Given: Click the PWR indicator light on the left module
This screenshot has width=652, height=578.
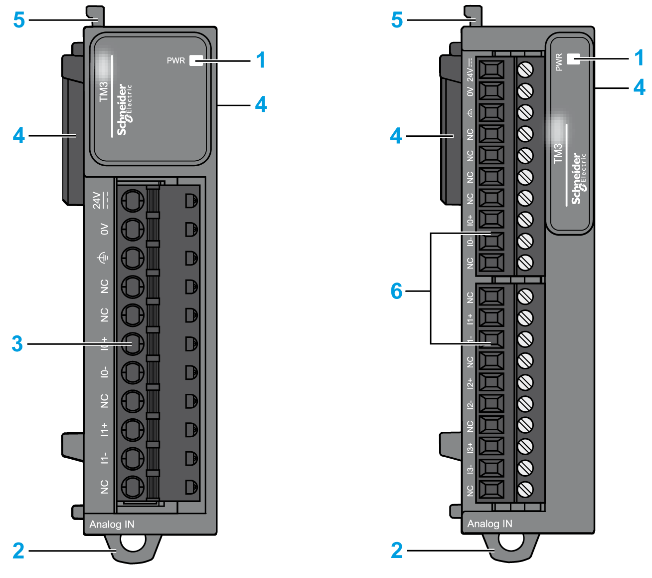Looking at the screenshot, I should point(196,60).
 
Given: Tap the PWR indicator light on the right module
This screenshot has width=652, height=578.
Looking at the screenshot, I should point(574,59).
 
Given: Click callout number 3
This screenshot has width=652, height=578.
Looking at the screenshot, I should point(17,343).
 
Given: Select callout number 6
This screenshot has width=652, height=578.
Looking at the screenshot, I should point(396,290).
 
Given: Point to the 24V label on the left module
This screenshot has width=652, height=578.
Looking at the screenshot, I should point(98,200).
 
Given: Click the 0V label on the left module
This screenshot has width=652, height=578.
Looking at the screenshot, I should point(104,229).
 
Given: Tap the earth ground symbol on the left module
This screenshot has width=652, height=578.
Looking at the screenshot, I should point(103,258).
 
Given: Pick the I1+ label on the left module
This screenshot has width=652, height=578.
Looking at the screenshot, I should point(104,429).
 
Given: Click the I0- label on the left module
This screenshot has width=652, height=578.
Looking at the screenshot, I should point(104,372).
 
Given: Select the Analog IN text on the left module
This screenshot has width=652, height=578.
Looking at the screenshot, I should point(112,524).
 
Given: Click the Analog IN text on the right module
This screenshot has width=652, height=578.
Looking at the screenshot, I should point(489,524).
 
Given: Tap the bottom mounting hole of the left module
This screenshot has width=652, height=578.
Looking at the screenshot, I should point(133,543).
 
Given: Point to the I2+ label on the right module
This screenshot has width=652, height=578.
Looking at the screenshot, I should point(470,383).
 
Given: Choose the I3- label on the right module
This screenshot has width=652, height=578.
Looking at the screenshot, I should point(470,469).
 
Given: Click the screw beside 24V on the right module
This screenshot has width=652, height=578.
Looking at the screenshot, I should point(525,69).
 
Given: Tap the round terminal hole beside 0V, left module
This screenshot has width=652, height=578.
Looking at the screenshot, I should point(132,229).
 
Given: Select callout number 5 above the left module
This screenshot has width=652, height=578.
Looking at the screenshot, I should point(19,20).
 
